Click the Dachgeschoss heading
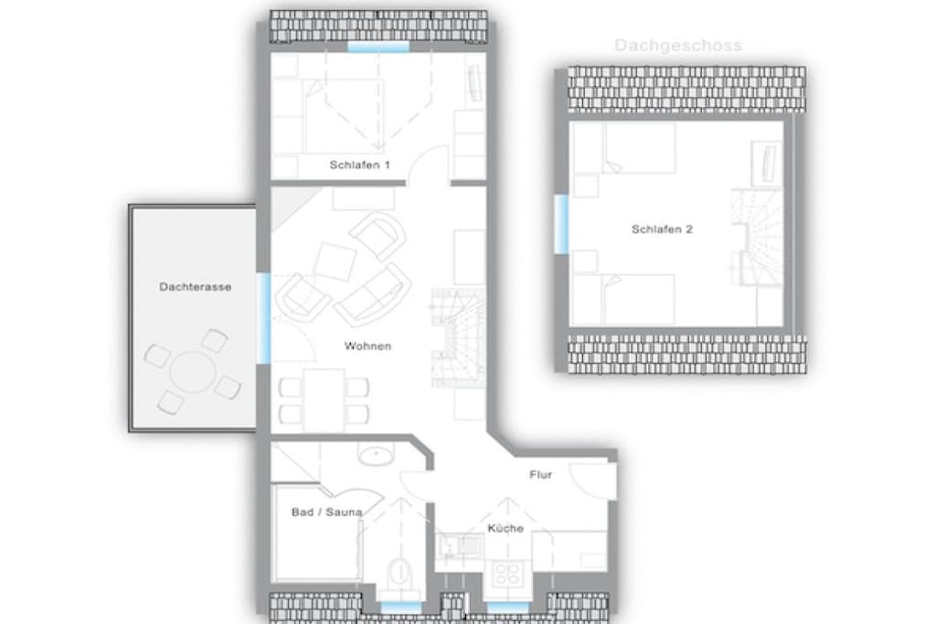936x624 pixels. tap(678, 46)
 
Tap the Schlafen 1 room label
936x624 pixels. tap(360, 164)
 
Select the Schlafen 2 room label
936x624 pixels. tap(662, 229)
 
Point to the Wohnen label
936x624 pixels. tap(367, 346)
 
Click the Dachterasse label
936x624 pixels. tap(196, 287)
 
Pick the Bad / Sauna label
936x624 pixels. tap(326, 512)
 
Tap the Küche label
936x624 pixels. tap(505, 528)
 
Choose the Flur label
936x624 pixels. tap(541, 475)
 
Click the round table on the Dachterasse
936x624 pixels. tap(193, 372)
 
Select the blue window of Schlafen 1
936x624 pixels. tap(378, 47)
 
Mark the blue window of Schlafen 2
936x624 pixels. tap(561, 224)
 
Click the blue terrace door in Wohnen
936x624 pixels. tap(263, 318)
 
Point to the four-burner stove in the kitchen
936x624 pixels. tap(507, 574)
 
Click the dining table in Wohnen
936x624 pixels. tap(324, 399)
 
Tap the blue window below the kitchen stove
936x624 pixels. tap(507, 608)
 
